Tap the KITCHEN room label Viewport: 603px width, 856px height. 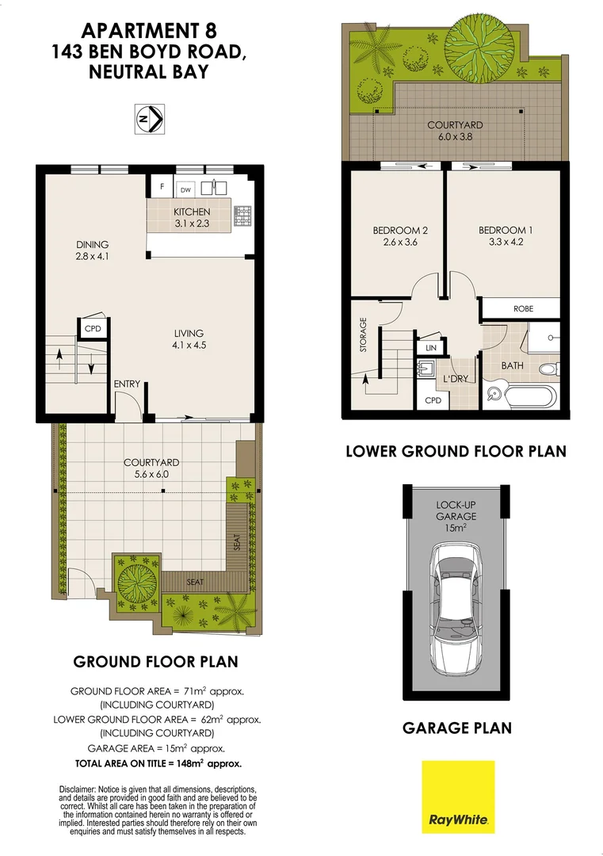(x=192, y=212)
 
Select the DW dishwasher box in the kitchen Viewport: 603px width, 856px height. (x=185, y=189)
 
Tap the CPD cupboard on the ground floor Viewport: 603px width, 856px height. (x=92, y=328)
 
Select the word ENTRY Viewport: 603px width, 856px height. (x=127, y=384)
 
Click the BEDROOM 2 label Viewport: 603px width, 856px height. (x=400, y=231)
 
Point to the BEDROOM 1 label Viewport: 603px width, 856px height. (x=506, y=231)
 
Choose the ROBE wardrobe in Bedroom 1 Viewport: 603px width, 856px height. (x=523, y=309)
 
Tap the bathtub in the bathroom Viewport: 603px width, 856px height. (x=523, y=395)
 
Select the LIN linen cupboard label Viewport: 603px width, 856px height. (x=431, y=348)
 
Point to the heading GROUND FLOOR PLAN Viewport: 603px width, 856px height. (x=155, y=661)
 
